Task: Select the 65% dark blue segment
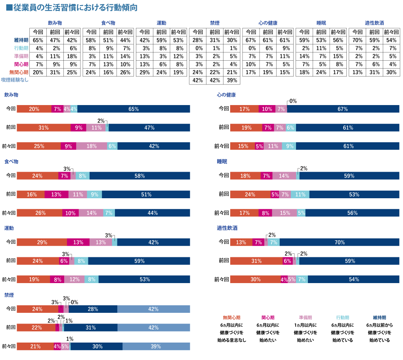pos(134,109)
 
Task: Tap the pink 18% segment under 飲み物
pos(92,146)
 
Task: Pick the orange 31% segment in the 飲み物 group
pos(44,128)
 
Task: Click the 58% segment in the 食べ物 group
pos(139,176)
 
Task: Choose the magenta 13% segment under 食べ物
pos(56,194)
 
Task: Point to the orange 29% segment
pos(42,242)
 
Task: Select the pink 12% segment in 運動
pos(74,279)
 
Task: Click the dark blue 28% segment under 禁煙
pos(93,309)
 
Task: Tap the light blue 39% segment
pos(156,347)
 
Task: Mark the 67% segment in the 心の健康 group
pos(343,109)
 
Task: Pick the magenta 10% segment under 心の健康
pos(267,109)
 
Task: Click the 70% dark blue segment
pos(340,242)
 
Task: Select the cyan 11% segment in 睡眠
pos(300,194)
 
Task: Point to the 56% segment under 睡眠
pos(352,213)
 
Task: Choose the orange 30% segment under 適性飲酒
pos(256,279)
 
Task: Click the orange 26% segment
pos(40,213)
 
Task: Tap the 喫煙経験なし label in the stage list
pos(15,80)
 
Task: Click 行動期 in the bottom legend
pos(342,318)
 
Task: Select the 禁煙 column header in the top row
pos(215,23)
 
